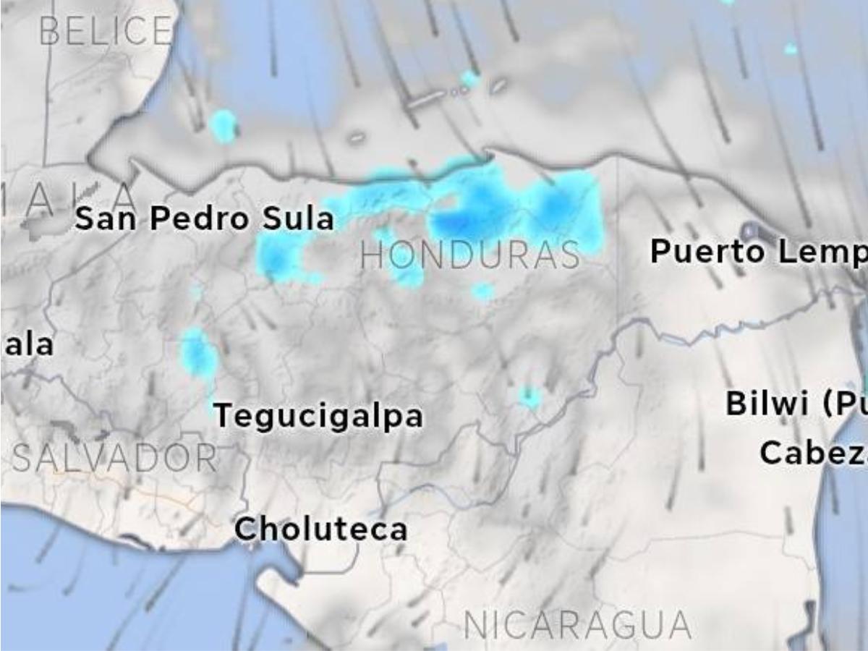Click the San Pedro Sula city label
tap(205, 218)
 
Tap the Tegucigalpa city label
tap(318, 416)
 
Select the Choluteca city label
tap(320, 529)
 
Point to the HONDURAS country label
tap(470, 256)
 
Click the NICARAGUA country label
tap(576, 625)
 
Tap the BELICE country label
tap(106, 31)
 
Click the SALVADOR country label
tap(114, 459)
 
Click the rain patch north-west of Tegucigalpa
tap(197, 352)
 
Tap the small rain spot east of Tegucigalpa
tap(529, 396)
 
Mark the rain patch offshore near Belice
tap(223, 125)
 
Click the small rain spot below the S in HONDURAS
tap(482, 292)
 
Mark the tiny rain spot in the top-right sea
tap(791, 49)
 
